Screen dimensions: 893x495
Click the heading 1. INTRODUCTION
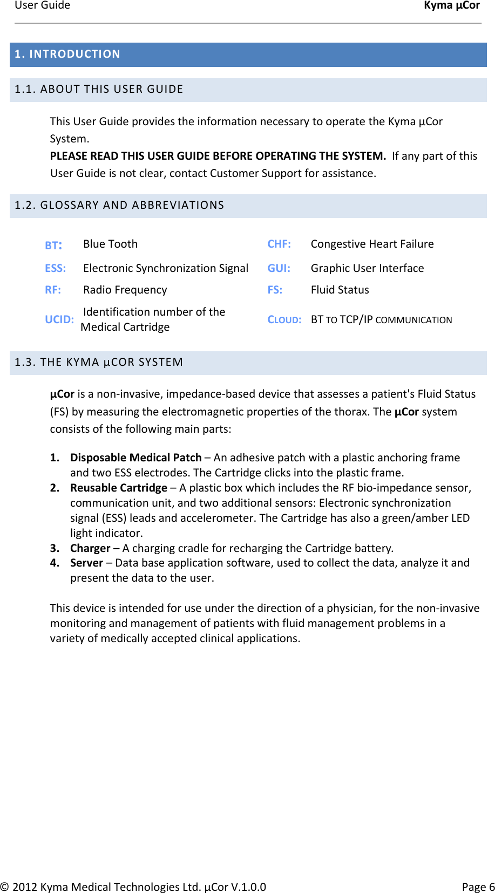[x=67, y=54]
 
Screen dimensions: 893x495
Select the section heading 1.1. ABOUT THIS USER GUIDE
[x=99, y=89]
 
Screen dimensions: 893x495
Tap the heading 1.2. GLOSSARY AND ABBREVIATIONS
[x=119, y=205]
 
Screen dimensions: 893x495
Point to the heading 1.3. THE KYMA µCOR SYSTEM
[x=99, y=362]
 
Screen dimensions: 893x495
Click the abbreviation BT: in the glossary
[x=53, y=246]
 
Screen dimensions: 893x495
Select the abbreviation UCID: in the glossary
[x=59, y=319]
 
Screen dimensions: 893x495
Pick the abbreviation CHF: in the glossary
[x=279, y=244]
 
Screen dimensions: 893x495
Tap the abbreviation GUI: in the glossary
[x=279, y=268]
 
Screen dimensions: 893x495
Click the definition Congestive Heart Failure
[x=372, y=244]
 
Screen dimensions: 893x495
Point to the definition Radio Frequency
[x=125, y=290]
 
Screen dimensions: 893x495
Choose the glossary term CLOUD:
[x=284, y=319]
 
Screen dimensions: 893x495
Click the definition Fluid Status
[x=340, y=290]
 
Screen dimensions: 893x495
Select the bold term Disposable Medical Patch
[x=135, y=458]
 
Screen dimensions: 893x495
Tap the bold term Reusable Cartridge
[x=118, y=488]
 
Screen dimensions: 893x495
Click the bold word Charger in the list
[x=90, y=548]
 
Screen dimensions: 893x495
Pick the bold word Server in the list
[x=86, y=563]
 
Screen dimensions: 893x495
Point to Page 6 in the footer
[x=478, y=887]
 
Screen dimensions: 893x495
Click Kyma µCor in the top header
[x=451, y=5]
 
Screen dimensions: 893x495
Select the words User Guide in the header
[x=42, y=5]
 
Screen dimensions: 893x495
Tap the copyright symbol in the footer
[x=5, y=887]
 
